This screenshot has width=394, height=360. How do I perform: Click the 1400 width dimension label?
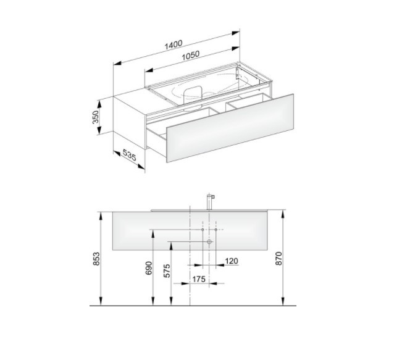coord(174,44)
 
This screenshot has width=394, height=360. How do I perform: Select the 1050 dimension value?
coord(190,56)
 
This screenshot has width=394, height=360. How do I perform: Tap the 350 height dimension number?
coord(96,117)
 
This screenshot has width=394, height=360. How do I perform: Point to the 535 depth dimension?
coord(130,155)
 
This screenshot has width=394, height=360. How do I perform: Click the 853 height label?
coord(96,259)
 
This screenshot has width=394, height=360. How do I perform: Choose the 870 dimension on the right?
coord(279,258)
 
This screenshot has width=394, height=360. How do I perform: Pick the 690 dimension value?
coord(149,268)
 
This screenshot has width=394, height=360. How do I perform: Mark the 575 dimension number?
coord(167,270)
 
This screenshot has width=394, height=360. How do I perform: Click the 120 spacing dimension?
coord(232,261)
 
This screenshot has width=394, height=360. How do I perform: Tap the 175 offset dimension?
coord(199,279)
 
